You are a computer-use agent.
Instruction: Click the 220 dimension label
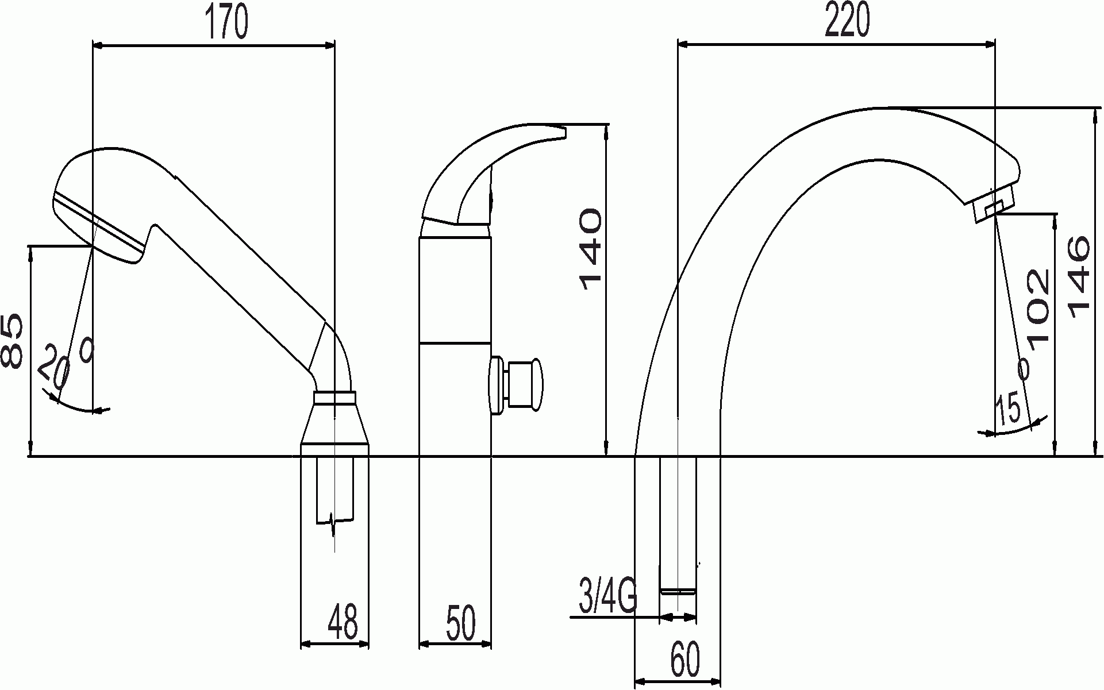848,21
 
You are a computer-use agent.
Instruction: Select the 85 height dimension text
13,341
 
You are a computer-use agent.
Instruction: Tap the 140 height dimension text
590,249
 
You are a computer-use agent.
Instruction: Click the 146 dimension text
1078,276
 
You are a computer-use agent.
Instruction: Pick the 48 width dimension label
343,622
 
